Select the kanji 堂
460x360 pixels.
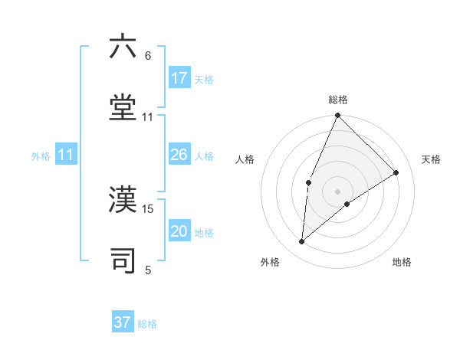pyautogui.click(x=123, y=108)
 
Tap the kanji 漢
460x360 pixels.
pyautogui.click(x=123, y=199)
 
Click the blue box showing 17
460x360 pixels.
pyautogui.click(x=179, y=77)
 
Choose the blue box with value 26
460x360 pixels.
pyautogui.click(x=179, y=155)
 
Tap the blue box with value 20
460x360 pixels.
pyautogui.click(x=179, y=231)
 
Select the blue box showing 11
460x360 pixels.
pyautogui.click(x=66, y=155)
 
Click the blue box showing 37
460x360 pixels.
pyautogui.click(x=123, y=322)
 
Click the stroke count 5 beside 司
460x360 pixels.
pyautogui.click(x=148, y=270)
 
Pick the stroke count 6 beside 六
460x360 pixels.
pyautogui.click(x=148, y=56)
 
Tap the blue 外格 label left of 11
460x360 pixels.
pyautogui.click(x=41, y=156)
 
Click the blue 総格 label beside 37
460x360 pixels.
pyautogui.click(x=147, y=324)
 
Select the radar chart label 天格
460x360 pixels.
pyautogui.click(x=431, y=159)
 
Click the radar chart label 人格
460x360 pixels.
pyautogui.click(x=245, y=159)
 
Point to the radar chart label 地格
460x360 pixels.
pyautogui.click(x=402, y=262)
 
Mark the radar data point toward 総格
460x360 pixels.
pyautogui.click(x=337, y=116)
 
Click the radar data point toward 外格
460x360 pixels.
pyautogui.click(x=302, y=241)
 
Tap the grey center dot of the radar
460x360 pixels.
pyautogui.click(x=337, y=191)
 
